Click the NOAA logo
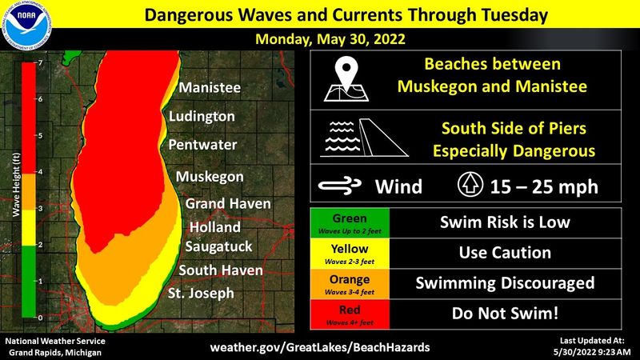tap(26, 26)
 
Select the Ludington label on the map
tap(202, 117)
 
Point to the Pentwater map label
tap(202, 146)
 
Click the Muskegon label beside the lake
tap(209, 176)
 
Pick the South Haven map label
tap(221, 270)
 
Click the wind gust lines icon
tap(340, 186)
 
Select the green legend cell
tap(349, 221)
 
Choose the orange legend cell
tap(349, 283)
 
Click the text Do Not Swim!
tap(504, 314)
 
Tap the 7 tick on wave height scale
tap(40, 62)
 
